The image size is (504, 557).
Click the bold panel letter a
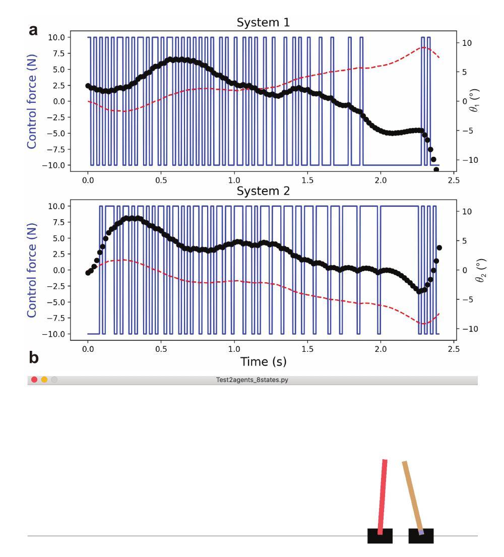pyautogui.click(x=33, y=29)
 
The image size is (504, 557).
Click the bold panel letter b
pyautogui.click(x=33, y=357)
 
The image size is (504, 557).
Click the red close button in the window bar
pyautogui.click(x=34, y=380)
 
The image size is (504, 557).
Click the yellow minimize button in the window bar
pyautogui.click(x=44, y=380)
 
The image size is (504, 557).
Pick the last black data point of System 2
pyautogui.click(x=439, y=247)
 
